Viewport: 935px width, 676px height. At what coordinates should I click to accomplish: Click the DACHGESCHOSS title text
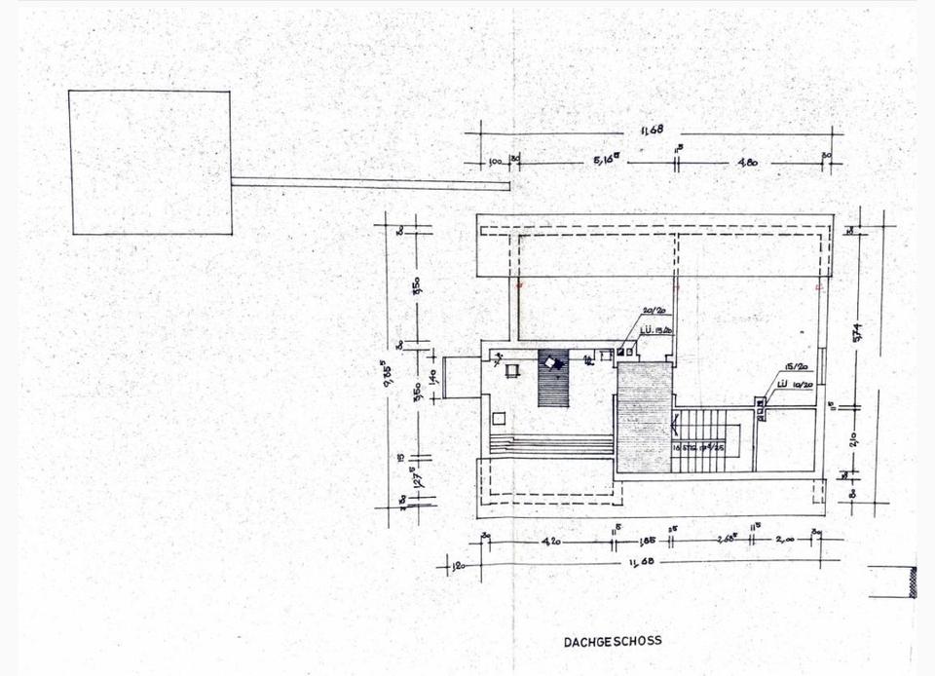coord(613,641)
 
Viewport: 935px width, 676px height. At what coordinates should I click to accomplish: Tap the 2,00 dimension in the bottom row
coord(786,538)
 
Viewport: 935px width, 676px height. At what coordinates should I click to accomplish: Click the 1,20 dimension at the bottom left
coord(457,563)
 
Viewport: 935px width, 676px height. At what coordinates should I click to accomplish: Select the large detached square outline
coord(151,162)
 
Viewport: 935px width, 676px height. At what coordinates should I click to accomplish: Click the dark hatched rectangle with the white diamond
coord(552,377)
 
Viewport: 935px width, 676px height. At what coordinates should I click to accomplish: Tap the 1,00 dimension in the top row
coord(494,162)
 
